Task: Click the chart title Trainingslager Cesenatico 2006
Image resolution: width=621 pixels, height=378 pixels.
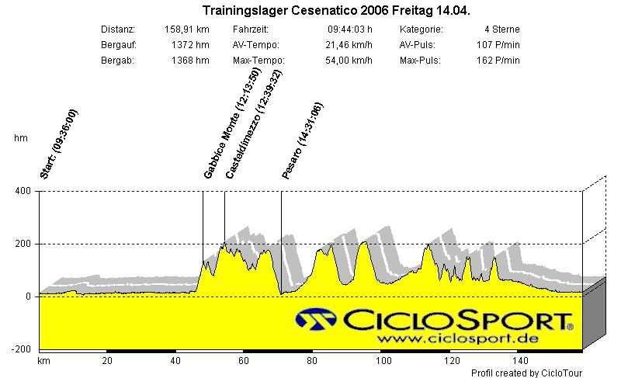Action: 335,11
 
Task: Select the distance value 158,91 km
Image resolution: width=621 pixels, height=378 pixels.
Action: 186,29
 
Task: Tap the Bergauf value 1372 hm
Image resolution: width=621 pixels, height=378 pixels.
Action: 190,45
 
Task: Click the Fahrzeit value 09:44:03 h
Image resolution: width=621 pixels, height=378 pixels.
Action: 350,29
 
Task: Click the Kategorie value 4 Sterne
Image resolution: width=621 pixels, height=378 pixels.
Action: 501,29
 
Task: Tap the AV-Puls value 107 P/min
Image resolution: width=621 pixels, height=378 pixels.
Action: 498,45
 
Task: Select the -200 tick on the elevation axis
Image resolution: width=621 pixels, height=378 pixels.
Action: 20,349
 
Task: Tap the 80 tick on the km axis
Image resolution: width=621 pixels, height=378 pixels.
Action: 311,361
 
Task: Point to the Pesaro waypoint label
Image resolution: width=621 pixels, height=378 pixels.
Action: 302,141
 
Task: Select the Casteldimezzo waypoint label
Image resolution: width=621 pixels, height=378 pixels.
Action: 253,124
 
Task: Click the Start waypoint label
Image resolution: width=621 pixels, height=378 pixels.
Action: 58,144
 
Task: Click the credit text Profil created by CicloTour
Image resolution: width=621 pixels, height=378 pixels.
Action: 526,373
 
